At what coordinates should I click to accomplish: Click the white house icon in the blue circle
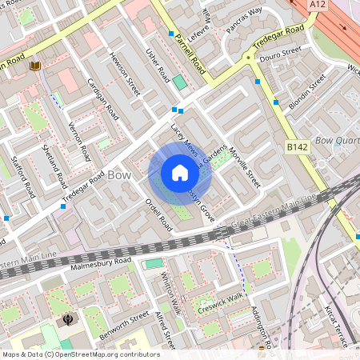coord(180,174)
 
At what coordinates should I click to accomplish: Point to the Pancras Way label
coord(244,19)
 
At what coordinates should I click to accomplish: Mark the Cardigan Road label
coord(102,98)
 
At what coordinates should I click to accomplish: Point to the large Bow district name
coord(119,174)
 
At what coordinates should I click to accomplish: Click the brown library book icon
coord(34,66)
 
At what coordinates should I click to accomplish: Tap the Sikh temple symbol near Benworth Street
coord(68,320)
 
